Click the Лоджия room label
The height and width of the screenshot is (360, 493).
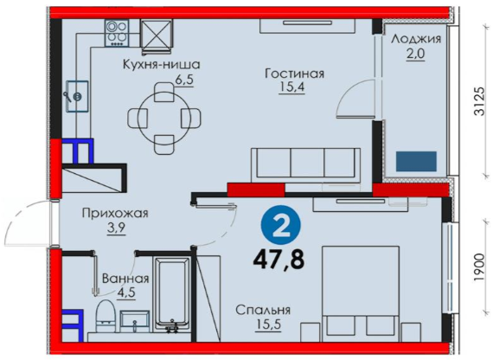(416, 39)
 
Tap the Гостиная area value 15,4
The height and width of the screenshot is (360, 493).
(291, 87)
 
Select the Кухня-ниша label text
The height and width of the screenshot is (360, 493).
(161, 65)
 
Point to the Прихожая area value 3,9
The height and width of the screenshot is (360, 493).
(117, 228)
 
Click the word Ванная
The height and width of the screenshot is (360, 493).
(125, 279)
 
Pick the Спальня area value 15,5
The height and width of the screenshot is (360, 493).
(268, 325)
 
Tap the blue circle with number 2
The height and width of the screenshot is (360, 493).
(281, 225)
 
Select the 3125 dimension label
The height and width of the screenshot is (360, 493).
(480, 100)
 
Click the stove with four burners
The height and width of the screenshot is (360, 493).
(117, 33)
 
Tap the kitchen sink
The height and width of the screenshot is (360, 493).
(77, 96)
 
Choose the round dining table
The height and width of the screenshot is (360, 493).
(164, 118)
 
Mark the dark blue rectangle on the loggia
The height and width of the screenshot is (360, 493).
(416, 162)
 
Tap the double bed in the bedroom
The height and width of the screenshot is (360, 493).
(361, 294)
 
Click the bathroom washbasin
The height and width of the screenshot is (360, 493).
(135, 322)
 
